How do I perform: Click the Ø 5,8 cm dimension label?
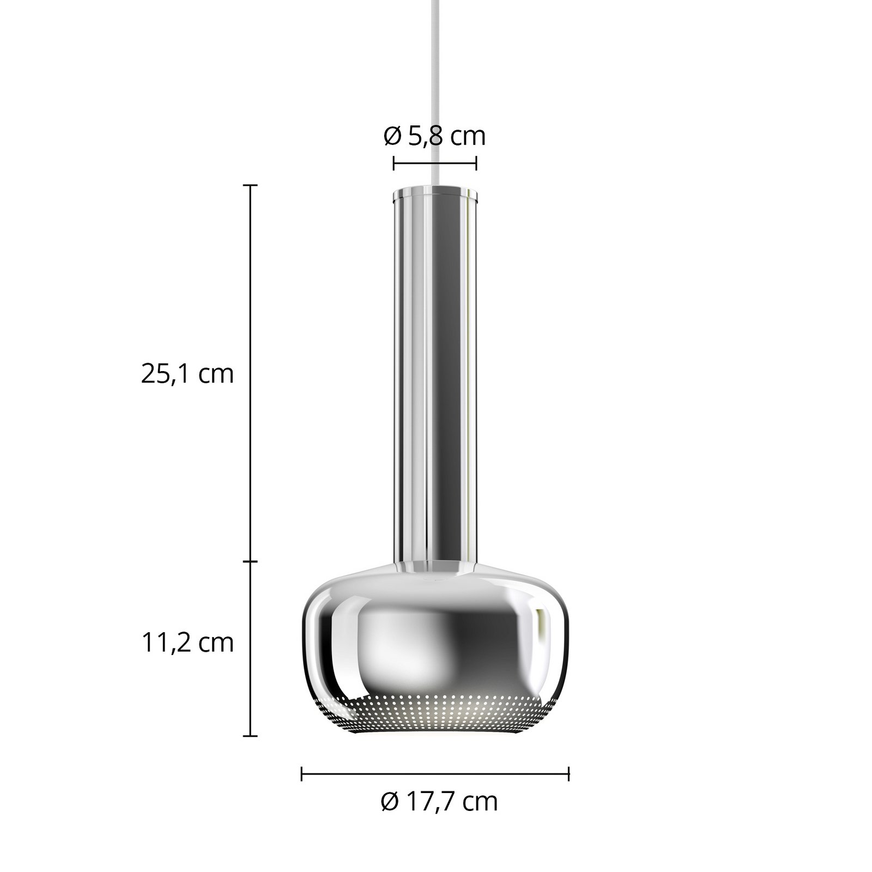[434, 136]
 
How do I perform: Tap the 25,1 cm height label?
[187, 374]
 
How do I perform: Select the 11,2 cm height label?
[187, 643]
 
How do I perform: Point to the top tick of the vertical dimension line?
[250, 185]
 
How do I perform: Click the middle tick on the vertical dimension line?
[250, 561]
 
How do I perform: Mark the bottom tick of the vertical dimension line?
[250, 736]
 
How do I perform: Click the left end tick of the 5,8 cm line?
[393, 162]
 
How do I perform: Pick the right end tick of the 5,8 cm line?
[476, 162]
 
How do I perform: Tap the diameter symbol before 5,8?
[392, 136]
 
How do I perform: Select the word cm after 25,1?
[216, 374]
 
